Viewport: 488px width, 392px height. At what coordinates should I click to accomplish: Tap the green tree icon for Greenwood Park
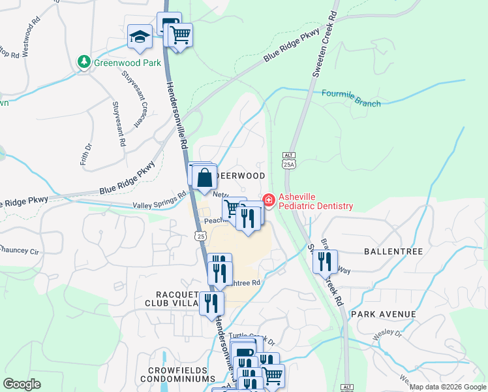pos(84,62)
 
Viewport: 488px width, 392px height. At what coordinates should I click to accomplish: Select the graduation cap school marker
pos(140,37)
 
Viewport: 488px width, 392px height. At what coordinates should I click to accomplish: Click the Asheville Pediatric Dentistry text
pos(316,201)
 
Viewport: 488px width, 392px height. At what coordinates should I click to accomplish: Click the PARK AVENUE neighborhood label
pos(384,314)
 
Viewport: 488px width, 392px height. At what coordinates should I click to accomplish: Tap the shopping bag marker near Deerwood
pos(205,177)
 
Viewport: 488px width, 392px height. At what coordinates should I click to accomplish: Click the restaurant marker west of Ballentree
pos(324,261)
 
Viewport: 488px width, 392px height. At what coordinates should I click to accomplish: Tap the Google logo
pos(22,384)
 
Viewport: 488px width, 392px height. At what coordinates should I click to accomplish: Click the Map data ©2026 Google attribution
pos(448,387)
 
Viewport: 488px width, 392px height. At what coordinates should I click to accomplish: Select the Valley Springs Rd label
pos(159,200)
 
